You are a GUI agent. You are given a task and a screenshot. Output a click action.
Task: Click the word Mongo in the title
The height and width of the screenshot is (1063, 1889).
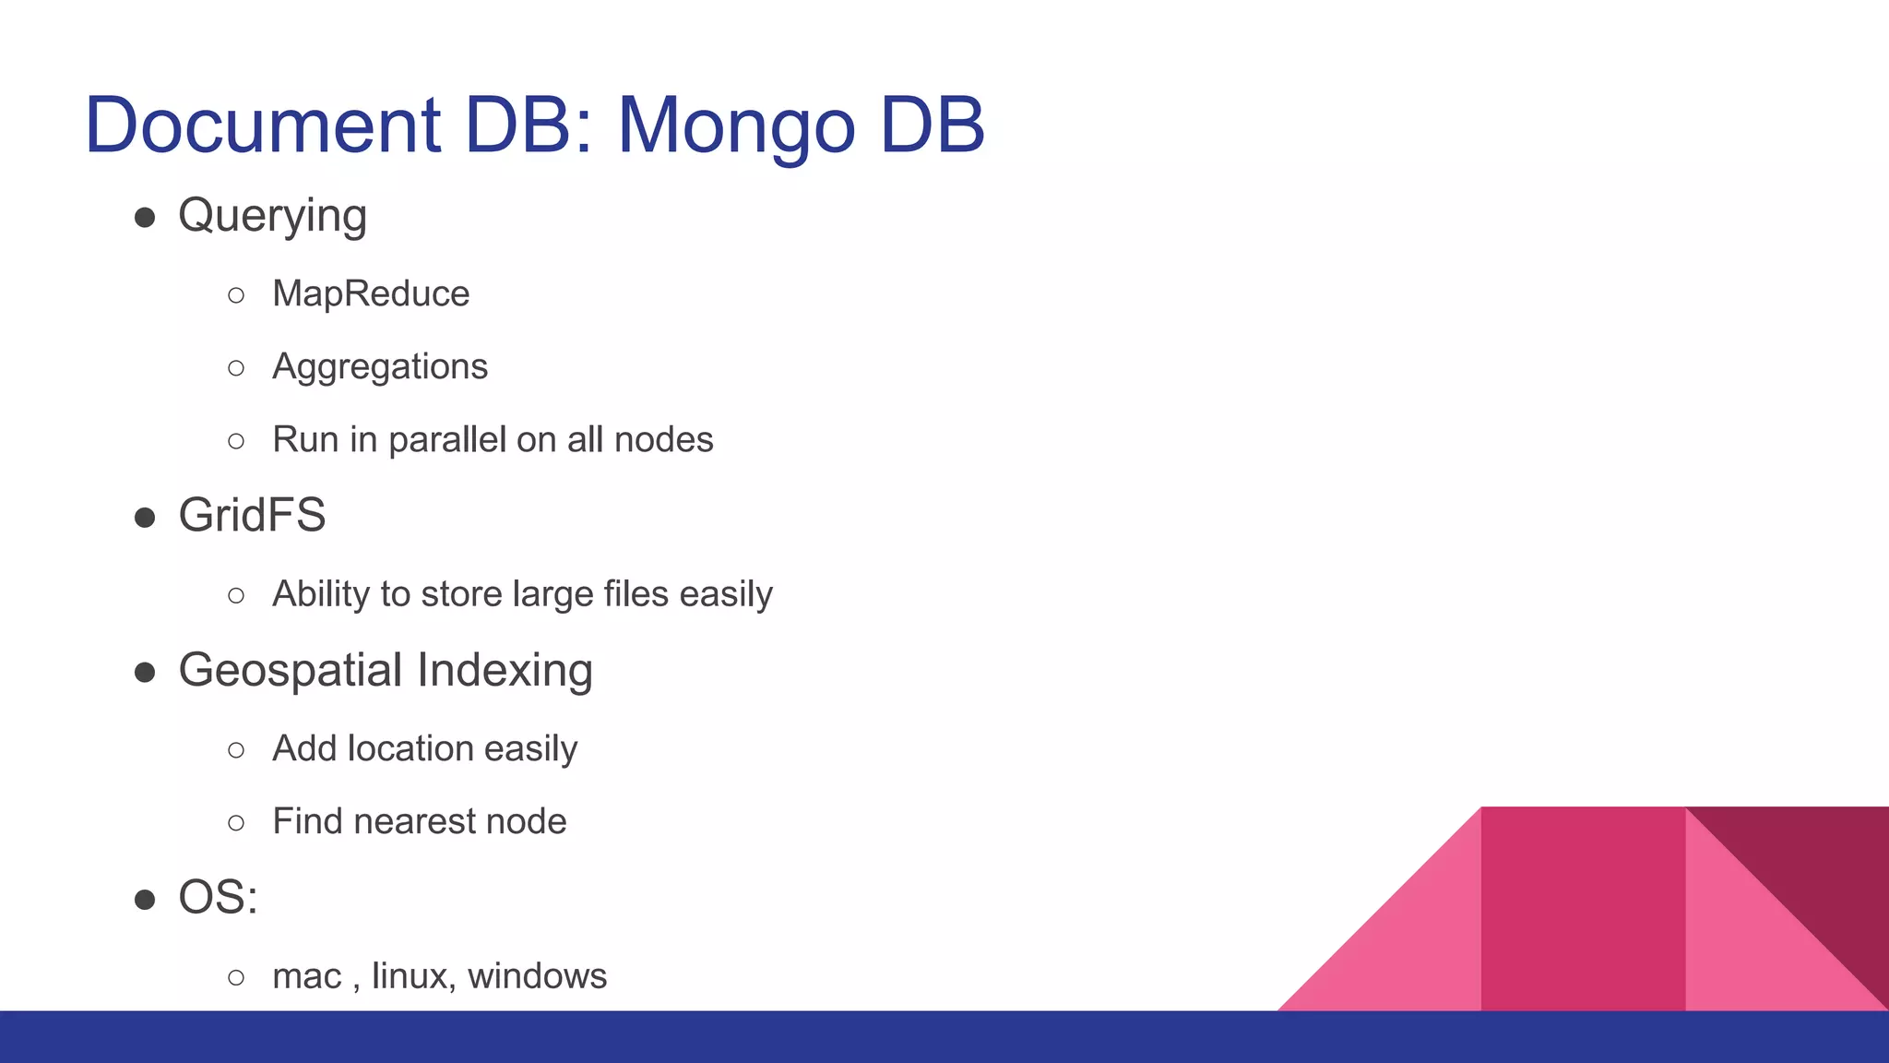coord(735,126)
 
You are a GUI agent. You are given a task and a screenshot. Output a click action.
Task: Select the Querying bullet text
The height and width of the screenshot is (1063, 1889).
coord(272,217)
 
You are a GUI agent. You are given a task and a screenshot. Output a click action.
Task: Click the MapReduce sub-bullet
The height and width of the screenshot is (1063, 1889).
coord(371,294)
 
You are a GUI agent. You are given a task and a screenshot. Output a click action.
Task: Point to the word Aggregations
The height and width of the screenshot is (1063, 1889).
coord(379,367)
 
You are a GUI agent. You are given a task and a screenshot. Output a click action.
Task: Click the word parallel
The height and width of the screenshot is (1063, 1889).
coord(447,440)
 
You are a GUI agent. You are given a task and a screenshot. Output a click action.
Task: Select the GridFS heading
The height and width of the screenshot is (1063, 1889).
coord(252,515)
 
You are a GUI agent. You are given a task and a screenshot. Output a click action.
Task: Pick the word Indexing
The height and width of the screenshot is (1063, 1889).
coord(505,671)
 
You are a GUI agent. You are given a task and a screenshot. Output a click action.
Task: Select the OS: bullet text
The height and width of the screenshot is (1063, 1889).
coord(218,897)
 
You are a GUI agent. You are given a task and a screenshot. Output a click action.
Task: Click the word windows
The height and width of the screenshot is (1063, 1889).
coord(537,976)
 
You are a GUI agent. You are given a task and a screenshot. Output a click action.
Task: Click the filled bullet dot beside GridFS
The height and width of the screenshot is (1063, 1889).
coord(145,518)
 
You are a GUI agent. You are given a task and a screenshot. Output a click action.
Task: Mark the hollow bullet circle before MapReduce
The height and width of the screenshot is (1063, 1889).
coord(236,295)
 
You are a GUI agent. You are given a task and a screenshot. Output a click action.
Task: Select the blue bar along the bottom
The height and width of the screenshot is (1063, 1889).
coord(944,1037)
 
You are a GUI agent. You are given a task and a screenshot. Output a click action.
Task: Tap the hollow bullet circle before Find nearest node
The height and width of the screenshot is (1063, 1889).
coord(236,822)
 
